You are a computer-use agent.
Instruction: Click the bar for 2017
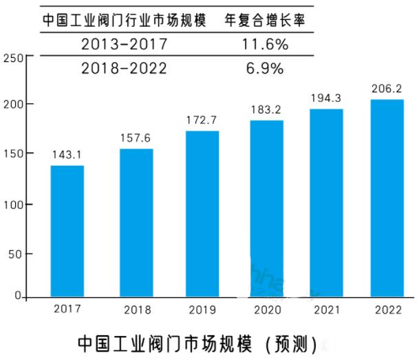(x=67, y=231)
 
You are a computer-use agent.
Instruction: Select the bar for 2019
(x=202, y=213)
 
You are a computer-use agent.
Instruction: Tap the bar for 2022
(x=387, y=198)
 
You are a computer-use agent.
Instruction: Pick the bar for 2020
(x=266, y=209)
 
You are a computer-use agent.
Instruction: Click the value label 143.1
(x=67, y=155)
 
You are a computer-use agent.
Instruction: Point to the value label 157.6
(x=136, y=138)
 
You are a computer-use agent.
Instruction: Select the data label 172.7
(x=202, y=120)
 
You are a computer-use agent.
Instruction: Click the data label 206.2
(x=387, y=89)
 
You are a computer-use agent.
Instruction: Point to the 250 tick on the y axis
(x=13, y=58)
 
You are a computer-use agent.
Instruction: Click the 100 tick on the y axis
(x=13, y=204)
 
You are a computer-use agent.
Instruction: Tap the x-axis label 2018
(x=138, y=310)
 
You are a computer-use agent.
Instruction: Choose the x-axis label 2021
(x=327, y=309)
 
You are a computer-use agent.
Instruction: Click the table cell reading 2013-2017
(x=124, y=45)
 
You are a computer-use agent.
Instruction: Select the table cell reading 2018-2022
(x=124, y=69)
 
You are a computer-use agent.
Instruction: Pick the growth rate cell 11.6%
(x=265, y=45)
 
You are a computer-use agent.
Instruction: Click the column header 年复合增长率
(x=265, y=20)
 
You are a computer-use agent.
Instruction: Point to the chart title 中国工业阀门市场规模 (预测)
(x=197, y=342)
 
